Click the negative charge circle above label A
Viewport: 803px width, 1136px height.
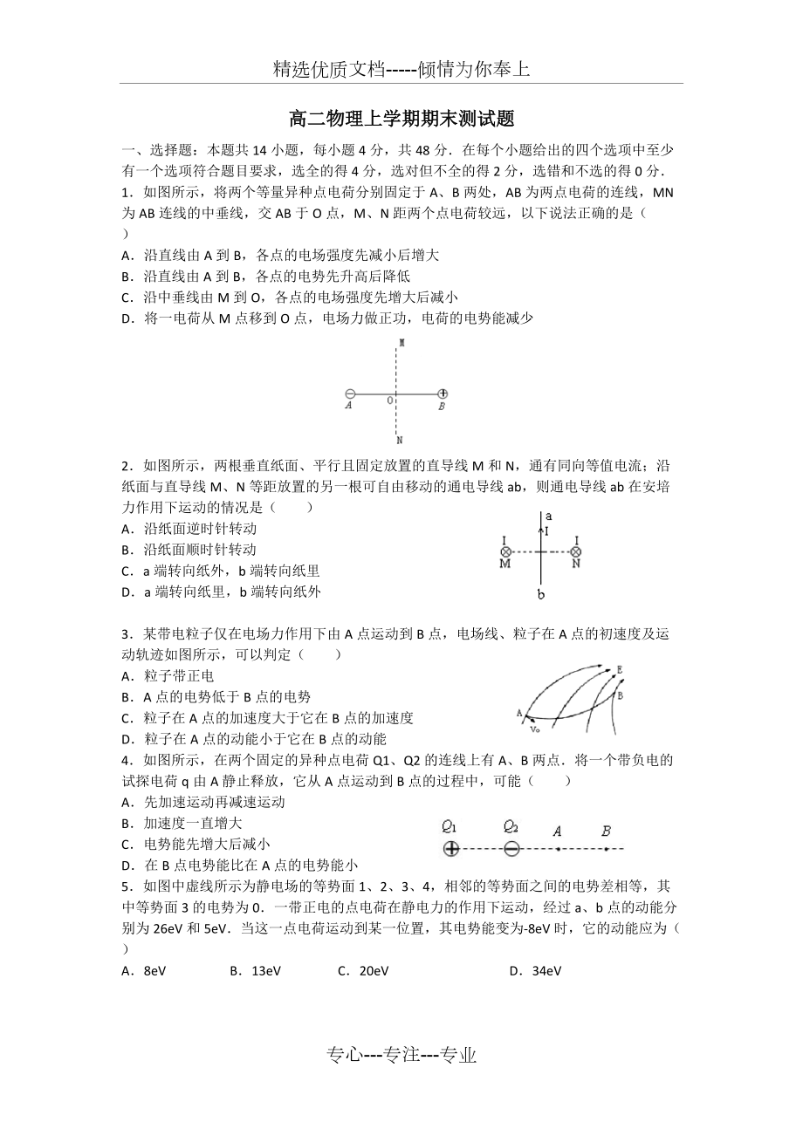(350, 394)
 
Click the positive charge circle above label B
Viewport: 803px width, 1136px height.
(443, 394)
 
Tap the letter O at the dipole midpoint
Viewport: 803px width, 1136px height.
(390, 400)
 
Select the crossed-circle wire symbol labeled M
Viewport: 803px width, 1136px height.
(505, 551)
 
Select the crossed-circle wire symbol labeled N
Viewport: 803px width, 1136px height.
(575, 551)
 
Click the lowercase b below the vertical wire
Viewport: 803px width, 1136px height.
(541, 595)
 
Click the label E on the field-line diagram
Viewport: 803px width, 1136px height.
(618, 670)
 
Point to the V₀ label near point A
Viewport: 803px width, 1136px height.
(535, 727)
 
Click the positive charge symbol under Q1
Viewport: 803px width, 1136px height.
(450, 848)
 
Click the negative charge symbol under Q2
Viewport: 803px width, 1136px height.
(511, 848)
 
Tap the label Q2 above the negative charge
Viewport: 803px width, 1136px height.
(511, 827)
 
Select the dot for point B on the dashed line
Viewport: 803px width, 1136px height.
(606, 848)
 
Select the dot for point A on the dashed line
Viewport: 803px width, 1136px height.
(558, 848)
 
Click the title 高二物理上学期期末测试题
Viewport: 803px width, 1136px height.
(401, 118)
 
